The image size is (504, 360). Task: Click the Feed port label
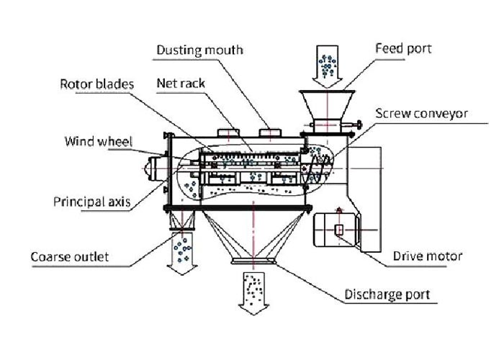[x=403, y=49]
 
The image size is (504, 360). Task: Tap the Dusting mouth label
[x=199, y=50]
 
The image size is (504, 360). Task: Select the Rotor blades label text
[x=96, y=84]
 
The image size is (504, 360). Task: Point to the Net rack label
[x=181, y=84]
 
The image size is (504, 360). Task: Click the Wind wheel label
[x=99, y=141]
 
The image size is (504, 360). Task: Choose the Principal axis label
[x=92, y=202]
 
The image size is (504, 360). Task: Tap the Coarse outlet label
[x=69, y=257]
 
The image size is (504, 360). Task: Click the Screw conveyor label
[x=421, y=114]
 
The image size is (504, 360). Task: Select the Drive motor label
[x=428, y=256]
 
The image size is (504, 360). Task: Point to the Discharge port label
[x=387, y=294]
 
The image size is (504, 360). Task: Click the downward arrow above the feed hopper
[x=327, y=67]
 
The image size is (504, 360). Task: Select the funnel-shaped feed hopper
[x=327, y=105]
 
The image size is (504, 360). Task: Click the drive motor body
[x=335, y=230]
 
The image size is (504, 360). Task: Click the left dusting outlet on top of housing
[x=228, y=132]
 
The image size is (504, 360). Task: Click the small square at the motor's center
[x=339, y=230]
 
